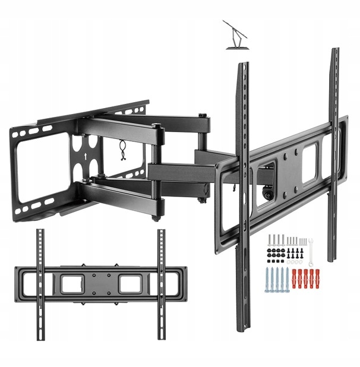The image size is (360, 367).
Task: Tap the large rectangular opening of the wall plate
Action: tap(39, 168)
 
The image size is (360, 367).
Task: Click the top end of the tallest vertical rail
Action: tap(335, 52)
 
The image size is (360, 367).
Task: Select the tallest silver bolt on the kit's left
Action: tap(270, 240)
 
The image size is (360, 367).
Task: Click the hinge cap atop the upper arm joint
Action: tap(156, 125)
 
